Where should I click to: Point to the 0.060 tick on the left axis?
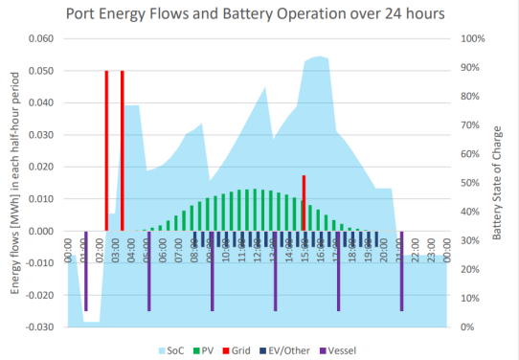(x=40, y=39)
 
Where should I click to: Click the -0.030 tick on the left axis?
(x=39, y=327)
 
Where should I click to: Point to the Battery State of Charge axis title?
(x=499, y=183)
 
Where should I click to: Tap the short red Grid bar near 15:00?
(x=304, y=203)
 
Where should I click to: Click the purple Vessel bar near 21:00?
(x=401, y=270)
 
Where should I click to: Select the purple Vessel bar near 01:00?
(x=85, y=270)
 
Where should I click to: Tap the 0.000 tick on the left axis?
(x=40, y=231)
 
